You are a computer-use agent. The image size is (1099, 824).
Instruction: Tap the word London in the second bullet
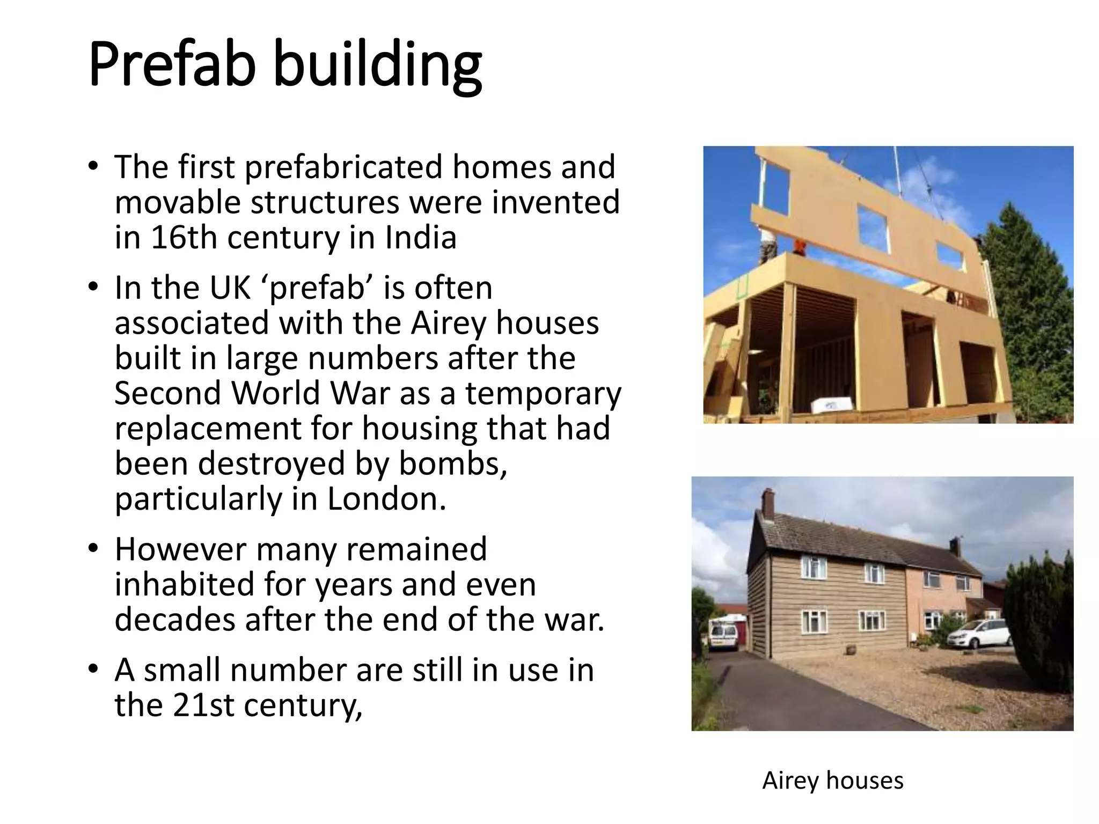click(x=386, y=499)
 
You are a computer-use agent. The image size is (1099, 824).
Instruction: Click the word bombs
click(x=452, y=464)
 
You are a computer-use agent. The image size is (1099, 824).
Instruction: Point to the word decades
click(x=175, y=620)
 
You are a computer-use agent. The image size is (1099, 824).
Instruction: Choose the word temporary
click(x=543, y=394)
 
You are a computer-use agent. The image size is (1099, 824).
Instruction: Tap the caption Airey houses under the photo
click(x=833, y=781)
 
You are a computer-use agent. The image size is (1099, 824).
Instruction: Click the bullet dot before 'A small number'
click(x=94, y=670)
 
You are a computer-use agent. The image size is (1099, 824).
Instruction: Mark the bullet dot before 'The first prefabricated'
click(x=94, y=167)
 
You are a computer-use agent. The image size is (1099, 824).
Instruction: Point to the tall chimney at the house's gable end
click(x=768, y=502)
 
